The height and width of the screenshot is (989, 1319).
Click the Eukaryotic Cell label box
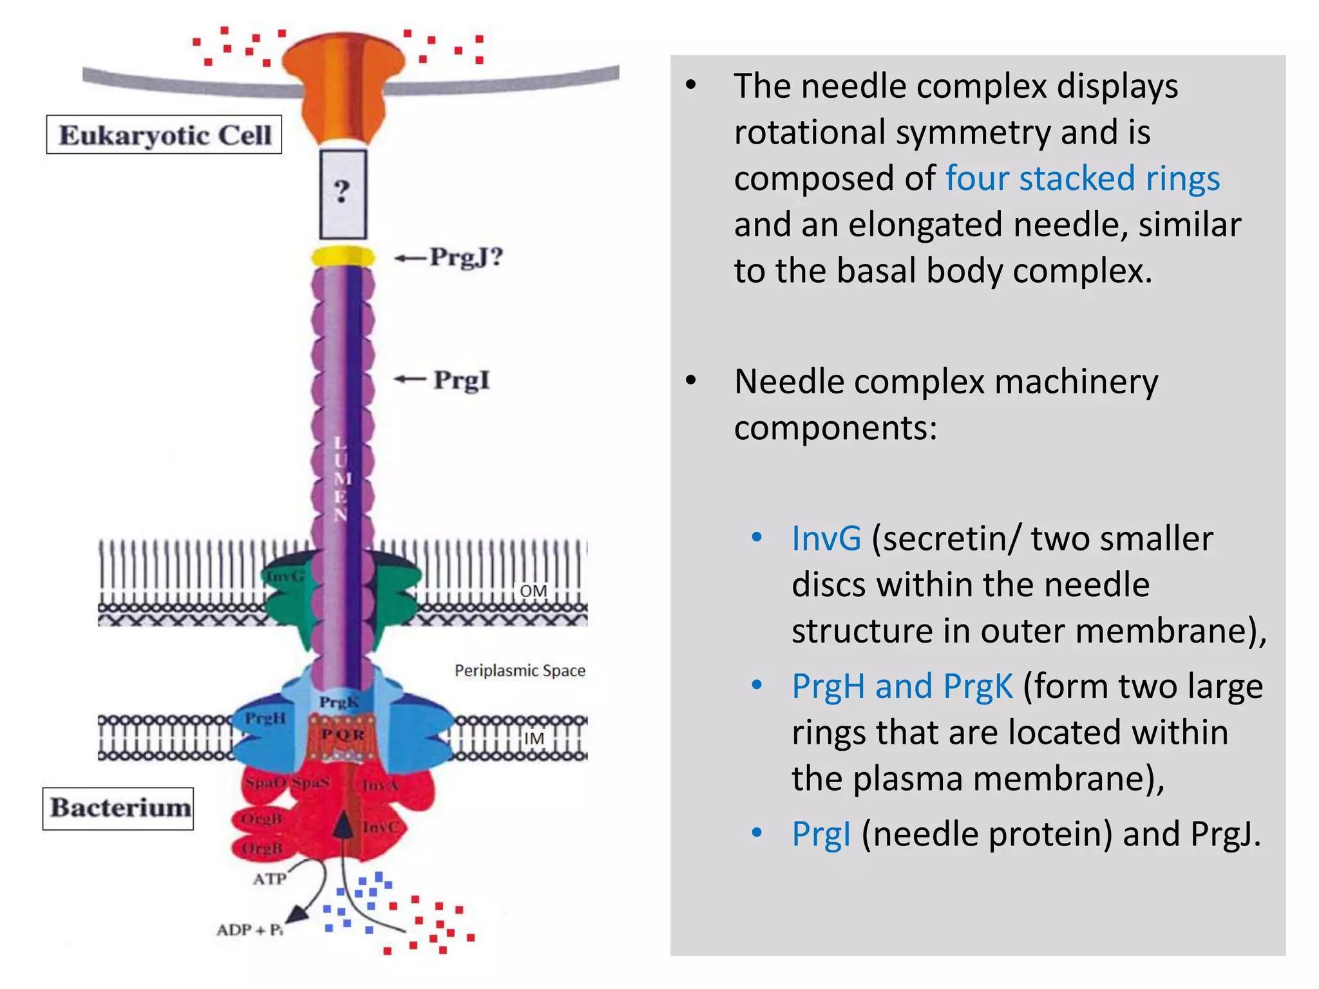point(164,135)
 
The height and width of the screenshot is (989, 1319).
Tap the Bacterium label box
point(119,808)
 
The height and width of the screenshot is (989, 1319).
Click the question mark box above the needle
point(343,194)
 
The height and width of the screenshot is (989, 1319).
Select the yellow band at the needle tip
point(343,258)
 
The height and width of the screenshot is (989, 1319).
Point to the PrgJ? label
point(466,258)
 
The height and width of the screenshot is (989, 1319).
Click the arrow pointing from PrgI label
point(410,379)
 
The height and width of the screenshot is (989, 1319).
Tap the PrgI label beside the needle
point(461,379)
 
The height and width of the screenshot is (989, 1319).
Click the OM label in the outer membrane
point(533,591)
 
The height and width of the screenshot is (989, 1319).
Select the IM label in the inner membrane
point(534,738)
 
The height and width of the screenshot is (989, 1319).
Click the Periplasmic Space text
point(520,671)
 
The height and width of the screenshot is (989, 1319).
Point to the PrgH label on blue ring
point(265,717)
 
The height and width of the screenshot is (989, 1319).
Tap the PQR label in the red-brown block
point(343,735)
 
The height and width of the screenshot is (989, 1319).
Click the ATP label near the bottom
point(269,879)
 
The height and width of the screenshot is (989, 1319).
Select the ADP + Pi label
point(249,930)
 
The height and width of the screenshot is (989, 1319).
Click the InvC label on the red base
point(380,827)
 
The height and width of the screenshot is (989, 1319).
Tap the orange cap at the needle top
point(343,84)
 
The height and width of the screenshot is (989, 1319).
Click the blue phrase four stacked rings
point(1082,178)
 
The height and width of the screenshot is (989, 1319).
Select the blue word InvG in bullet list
point(826,538)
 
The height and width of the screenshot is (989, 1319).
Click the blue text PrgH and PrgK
point(902,686)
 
